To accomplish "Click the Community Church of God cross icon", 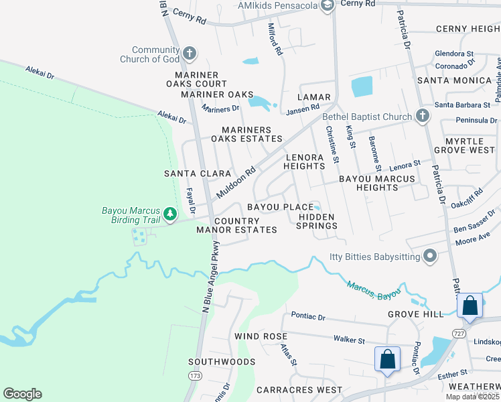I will pos(190,53).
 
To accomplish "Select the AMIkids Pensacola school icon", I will pos(328,7).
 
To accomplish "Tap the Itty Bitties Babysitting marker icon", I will pos(430,255).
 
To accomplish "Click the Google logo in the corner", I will pos(22,394).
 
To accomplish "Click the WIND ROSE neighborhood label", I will pos(261,336).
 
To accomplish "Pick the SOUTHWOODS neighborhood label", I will pos(222,362).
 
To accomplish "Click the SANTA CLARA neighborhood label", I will pos(198,173).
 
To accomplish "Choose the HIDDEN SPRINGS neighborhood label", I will pos(317,222).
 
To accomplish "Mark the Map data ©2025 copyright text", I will pos(472,397).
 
